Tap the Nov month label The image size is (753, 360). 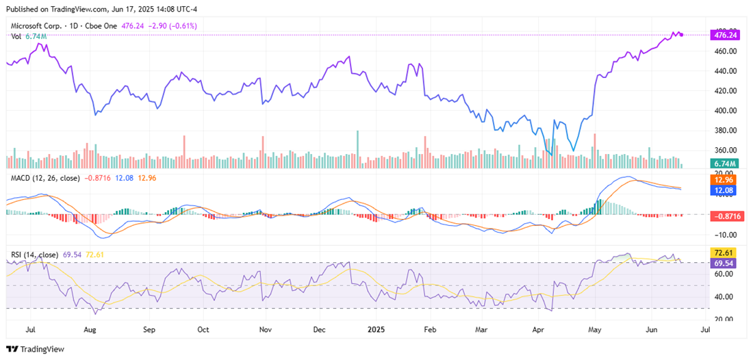click(x=265, y=329)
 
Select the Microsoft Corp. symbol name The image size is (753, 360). click(x=36, y=26)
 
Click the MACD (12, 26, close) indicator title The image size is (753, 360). click(x=45, y=177)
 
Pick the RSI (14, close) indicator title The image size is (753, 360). click(x=34, y=255)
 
